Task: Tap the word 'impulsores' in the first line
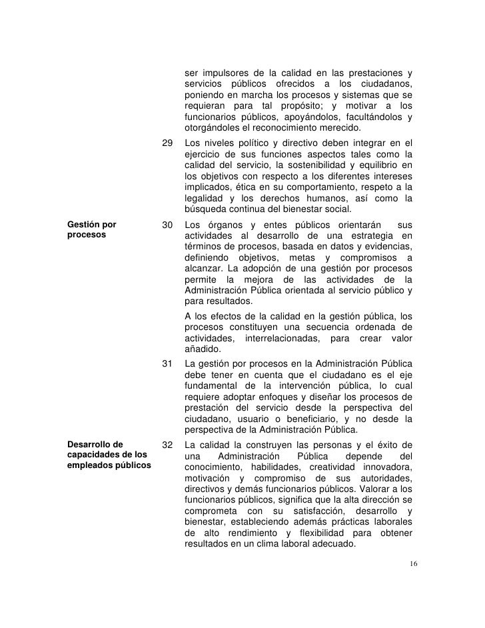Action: [x=222, y=72]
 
